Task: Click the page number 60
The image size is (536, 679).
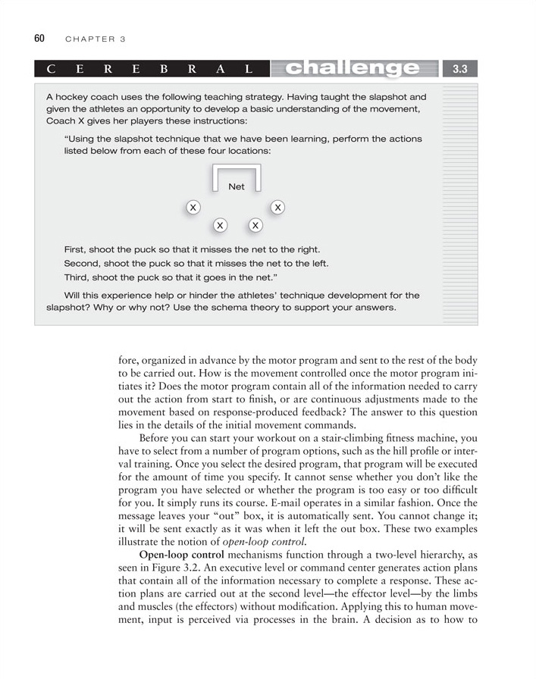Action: coord(39,38)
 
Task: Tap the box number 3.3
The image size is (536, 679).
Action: coord(459,69)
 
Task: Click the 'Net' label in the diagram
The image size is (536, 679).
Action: coord(237,186)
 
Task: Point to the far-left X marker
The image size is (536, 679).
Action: coord(193,208)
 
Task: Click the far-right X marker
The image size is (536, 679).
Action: coord(278,208)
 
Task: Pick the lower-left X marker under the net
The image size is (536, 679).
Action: coord(220,225)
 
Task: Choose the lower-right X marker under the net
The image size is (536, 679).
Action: coord(255,225)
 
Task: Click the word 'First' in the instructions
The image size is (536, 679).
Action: coord(75,249)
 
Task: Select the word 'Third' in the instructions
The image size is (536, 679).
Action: coord(77,277)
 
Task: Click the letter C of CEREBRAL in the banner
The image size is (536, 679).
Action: coord(51,70)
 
